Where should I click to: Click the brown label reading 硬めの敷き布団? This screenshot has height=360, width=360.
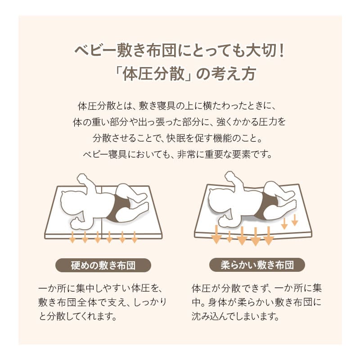(103, 265)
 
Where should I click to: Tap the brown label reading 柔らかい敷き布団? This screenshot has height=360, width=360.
(257, 265)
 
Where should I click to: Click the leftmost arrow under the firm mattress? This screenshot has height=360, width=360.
(72, 237)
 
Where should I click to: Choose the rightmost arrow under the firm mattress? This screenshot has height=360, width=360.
(134, 237)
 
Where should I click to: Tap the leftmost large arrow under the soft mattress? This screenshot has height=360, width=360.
(216, 234)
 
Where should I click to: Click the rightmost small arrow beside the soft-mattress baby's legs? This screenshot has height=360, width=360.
(295, 220)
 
